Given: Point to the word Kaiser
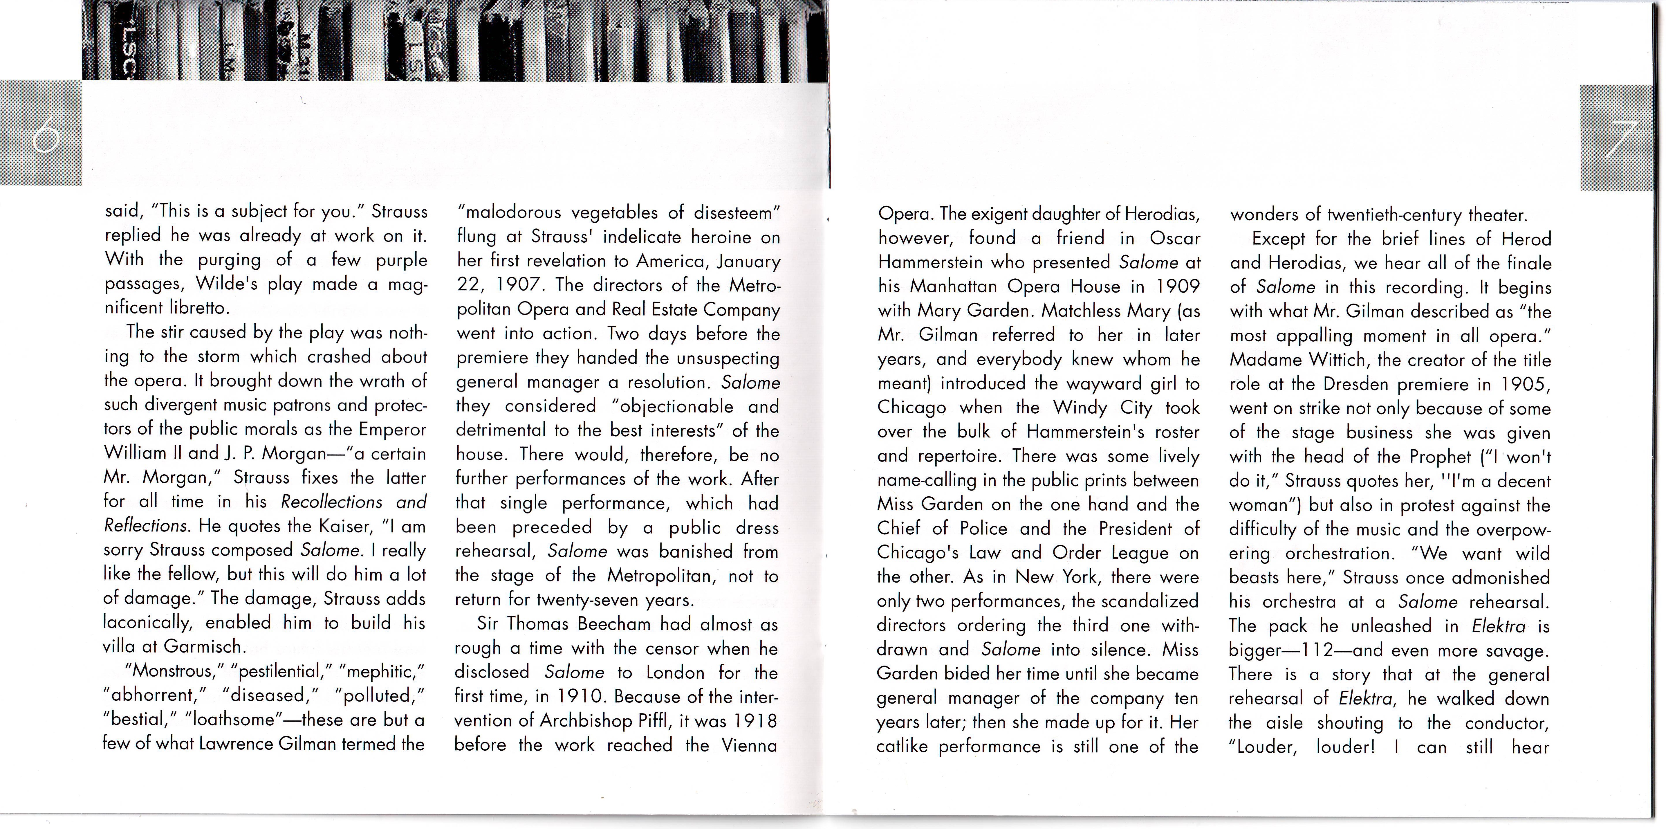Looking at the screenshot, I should click(346, 525).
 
